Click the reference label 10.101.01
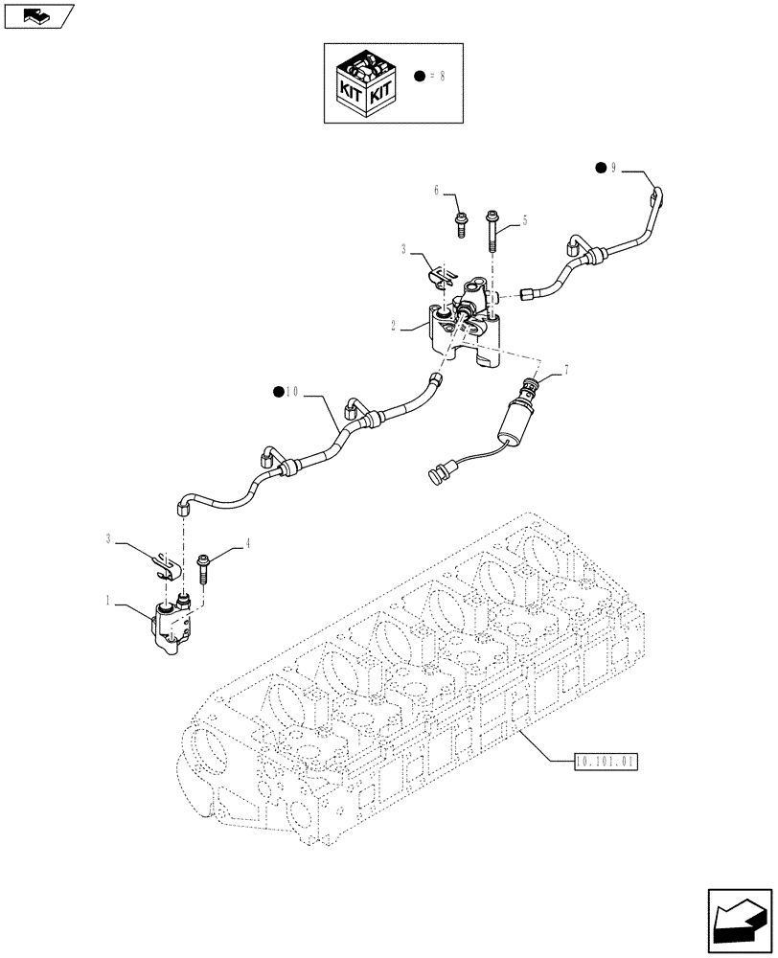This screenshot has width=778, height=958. (606, 762)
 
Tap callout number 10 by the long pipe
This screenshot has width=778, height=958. (290, 391)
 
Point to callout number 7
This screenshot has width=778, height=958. (566, 368)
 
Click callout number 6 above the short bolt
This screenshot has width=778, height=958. (436, 191)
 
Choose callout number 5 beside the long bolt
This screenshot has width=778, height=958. (524, 220)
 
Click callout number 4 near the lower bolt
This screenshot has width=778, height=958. (247, 543)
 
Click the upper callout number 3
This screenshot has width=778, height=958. (405, 248)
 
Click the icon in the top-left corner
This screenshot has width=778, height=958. (37, 15)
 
